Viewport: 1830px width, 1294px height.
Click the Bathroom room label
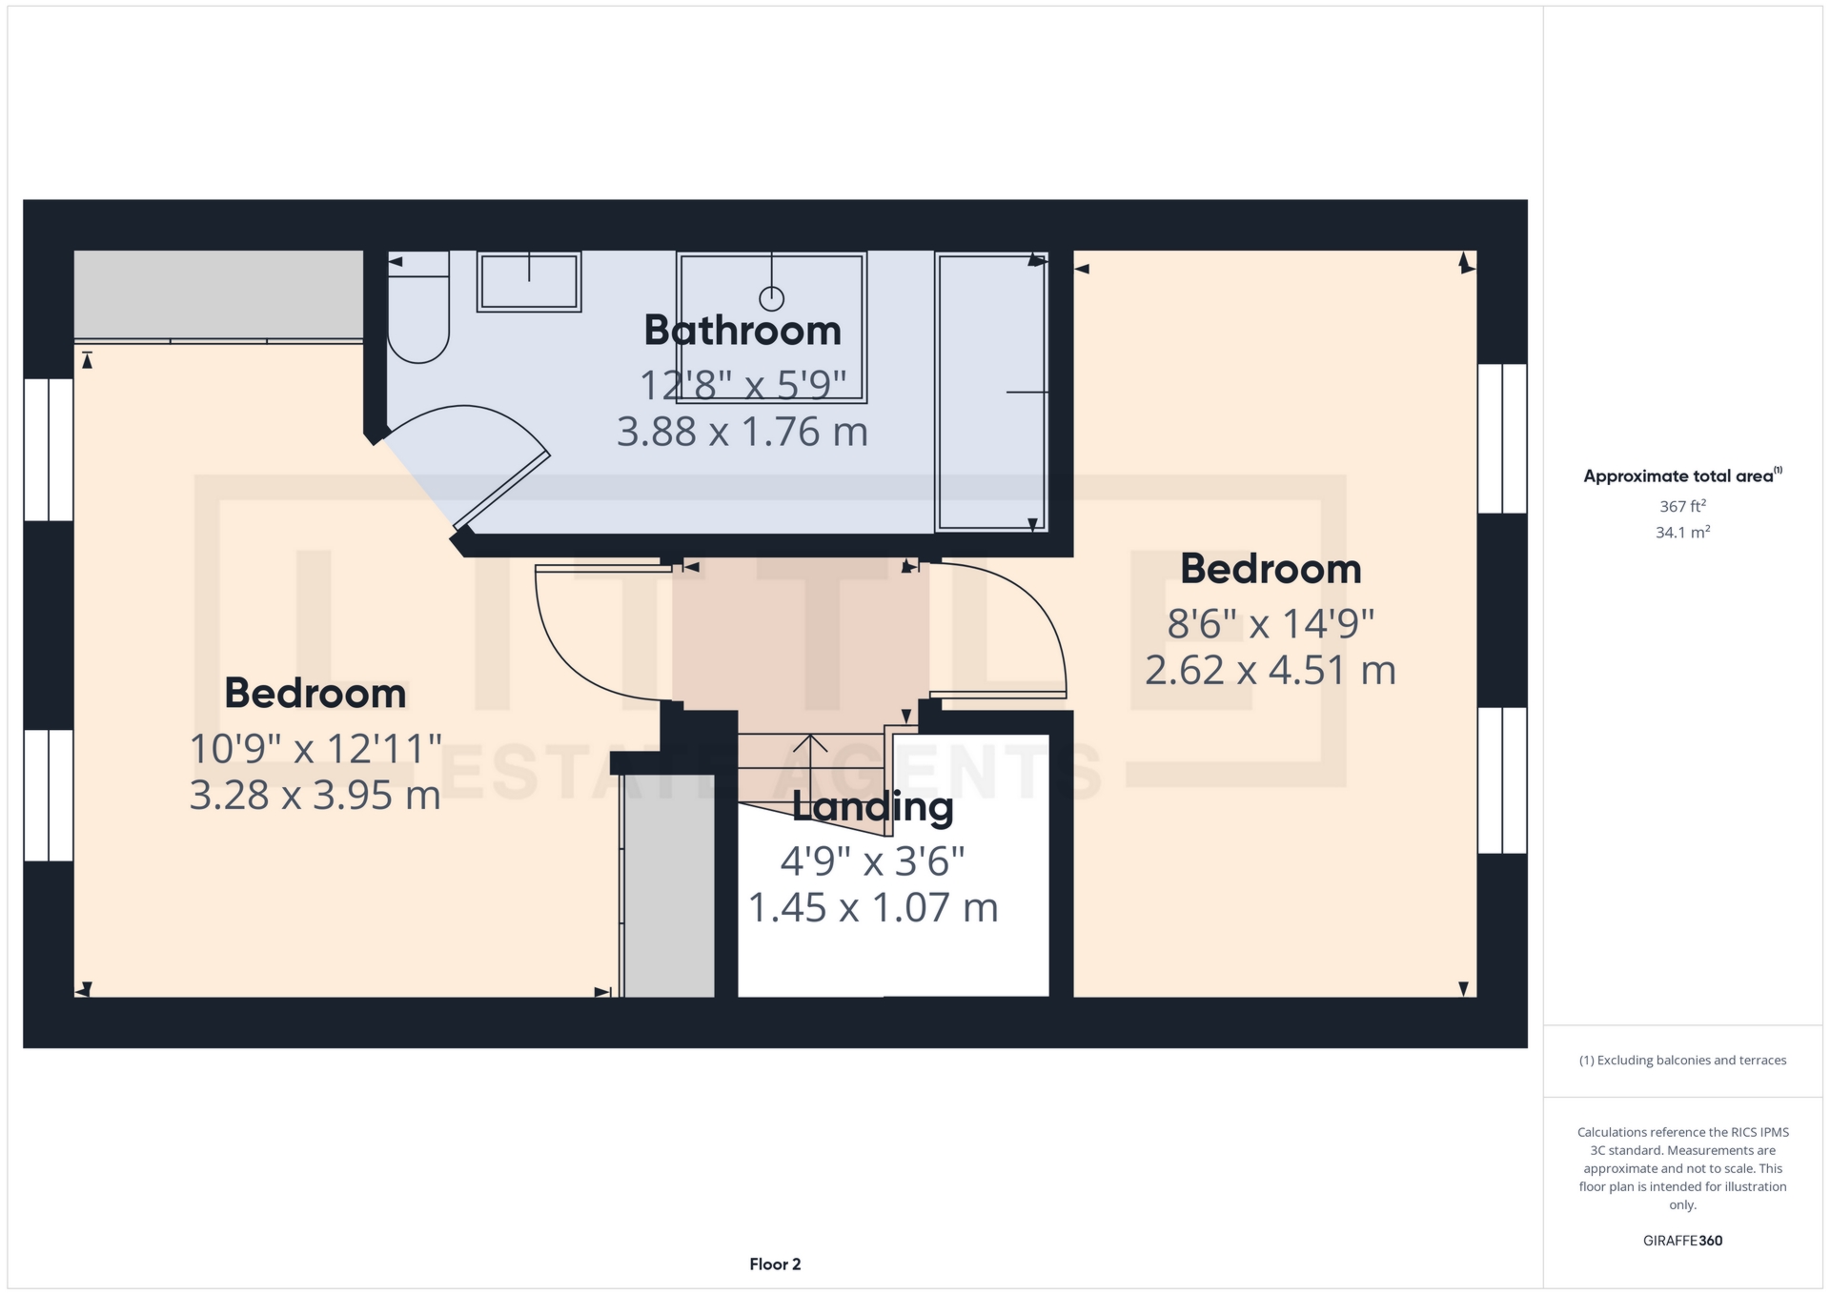pos(742,331)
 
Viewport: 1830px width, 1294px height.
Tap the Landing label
pos(872,807)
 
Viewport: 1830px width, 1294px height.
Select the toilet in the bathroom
pos(417,307)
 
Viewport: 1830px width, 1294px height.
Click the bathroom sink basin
pos(529,282)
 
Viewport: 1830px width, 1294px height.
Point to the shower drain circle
pos(771,299)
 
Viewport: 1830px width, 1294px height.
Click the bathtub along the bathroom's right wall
pos(991,392)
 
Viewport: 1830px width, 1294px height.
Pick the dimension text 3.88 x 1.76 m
pos(742,432)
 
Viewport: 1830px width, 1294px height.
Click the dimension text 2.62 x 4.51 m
pos(1271,670)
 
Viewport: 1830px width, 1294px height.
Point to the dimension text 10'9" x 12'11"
pos(315,749)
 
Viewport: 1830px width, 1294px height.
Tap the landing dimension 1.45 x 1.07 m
pos(873,907)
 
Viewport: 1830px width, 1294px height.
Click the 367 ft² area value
pos(1682,506)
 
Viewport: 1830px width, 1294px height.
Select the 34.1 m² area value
pos(1682,532)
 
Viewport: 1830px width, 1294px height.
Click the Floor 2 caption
pos(775,1264)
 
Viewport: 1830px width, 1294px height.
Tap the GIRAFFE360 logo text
pos(1682,1241)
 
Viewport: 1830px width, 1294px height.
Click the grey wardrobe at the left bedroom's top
pos(218,294)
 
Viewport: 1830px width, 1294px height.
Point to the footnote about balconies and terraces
pos(1682,1061)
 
